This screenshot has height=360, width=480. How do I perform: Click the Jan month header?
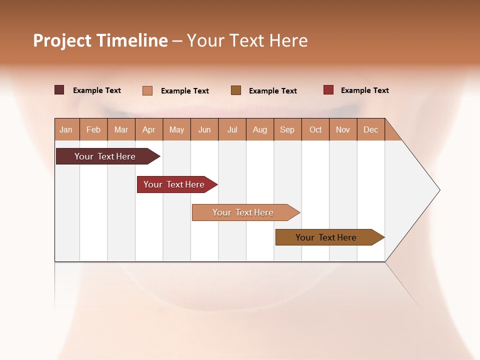pyautogui.click(x=66, y=129)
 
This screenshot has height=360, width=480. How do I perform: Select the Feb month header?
pyautogui.click(x=93, y=129)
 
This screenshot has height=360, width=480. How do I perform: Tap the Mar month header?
pyautogui.click(x=121, y=129)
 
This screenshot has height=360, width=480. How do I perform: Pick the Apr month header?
pyautogui.click(x=149, y=129)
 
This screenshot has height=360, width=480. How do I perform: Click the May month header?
pyautogui.click(x=176, y=129)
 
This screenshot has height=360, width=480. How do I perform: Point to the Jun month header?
pyautogui.click(x=204, y=129)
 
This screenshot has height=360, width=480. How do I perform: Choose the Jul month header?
pyautogui.click(x=232, y=129)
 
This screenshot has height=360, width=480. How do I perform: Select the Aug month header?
pyautogui.click(x=260, y=129)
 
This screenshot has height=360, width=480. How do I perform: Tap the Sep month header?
pyautogui.click(x=287, y=129)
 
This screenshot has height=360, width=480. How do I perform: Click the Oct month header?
pyautogui.click(x=315, y=129)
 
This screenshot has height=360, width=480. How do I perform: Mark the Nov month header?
pyautogui.click(x=343, y=129)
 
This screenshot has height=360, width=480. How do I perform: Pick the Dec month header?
pyautogui.click(x=371, y=129)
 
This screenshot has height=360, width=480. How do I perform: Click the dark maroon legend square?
pyautogui.click(x=59, y=90)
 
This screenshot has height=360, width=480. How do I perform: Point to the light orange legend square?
pyautogui.click(x=147, y=90)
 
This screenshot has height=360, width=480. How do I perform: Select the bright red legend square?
pyautogui.click(x=328, y=90)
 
